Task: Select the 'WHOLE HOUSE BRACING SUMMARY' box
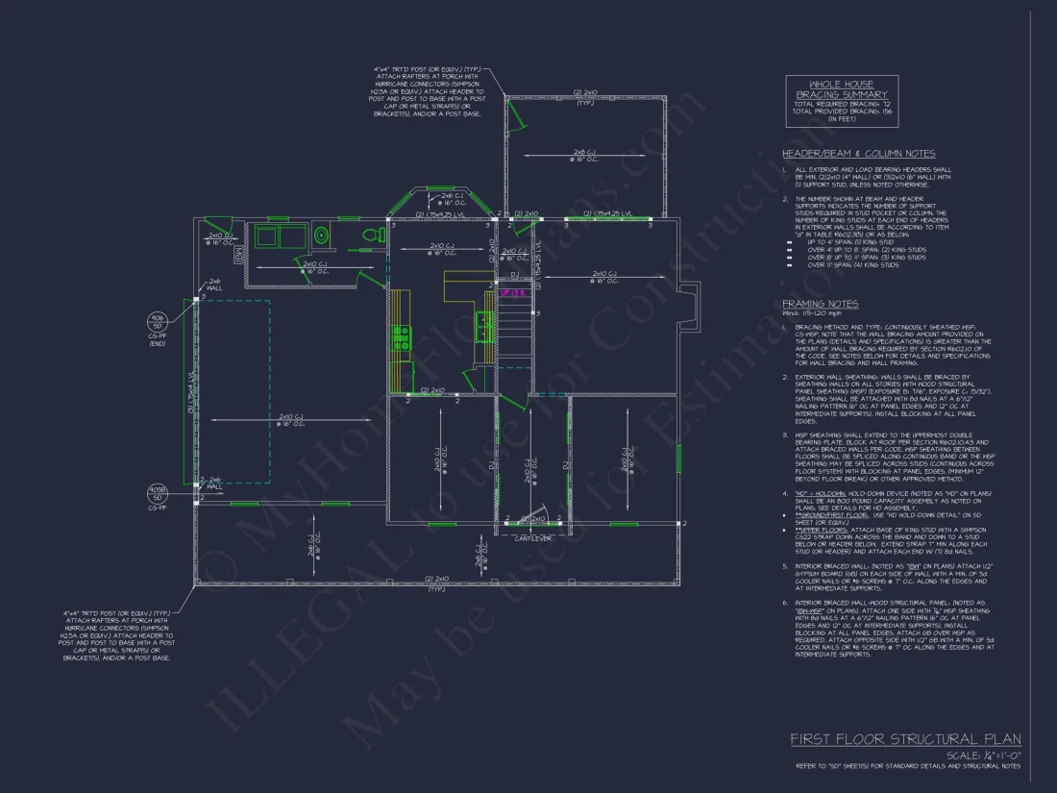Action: [842, 101]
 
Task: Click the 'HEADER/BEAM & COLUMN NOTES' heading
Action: [858, 154]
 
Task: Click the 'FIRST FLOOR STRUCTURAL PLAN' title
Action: [905, 739]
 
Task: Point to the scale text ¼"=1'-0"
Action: [984, 756]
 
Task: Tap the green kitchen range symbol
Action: [402, 336]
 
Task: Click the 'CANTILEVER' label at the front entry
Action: [530, 538]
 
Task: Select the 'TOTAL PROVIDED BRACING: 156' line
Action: [842, 111]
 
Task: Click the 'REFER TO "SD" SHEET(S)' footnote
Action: [907, 766]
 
